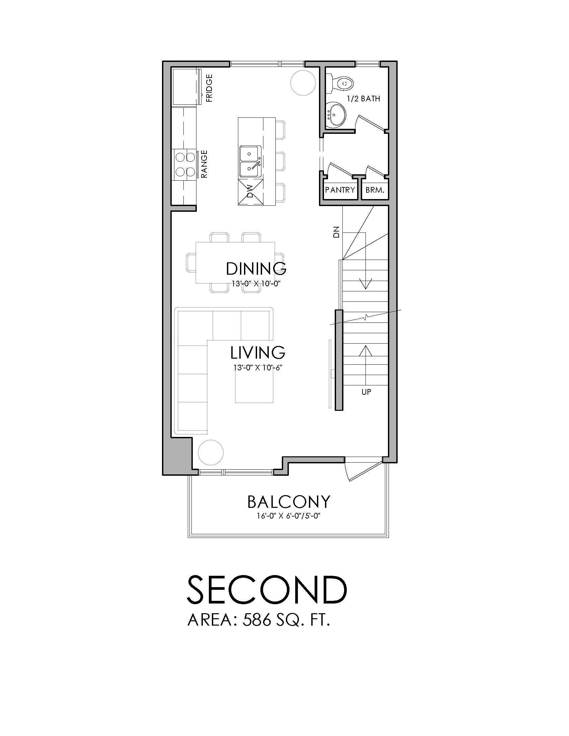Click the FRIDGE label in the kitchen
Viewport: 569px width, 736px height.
[x=209, y=88]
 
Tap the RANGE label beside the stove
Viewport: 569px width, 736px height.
[x=204, y=164]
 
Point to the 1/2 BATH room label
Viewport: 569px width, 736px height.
[x=364, y=99]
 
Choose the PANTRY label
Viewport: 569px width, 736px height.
[x=340, y=190]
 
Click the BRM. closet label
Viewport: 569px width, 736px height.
[x=375, y=190]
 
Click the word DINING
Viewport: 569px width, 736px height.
[x=256, y=269]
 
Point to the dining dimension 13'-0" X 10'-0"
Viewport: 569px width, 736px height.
[x=256, y=284]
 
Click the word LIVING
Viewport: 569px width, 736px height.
[x=258, y=353]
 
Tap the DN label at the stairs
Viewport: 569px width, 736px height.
[x=336, y=233]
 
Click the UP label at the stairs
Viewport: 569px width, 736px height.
[x=366, y=392]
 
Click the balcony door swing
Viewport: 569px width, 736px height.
[x=359, y=469]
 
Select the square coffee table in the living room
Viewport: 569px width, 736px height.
[x=254, y=389]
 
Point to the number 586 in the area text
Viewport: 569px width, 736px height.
[x=257, y=620]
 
